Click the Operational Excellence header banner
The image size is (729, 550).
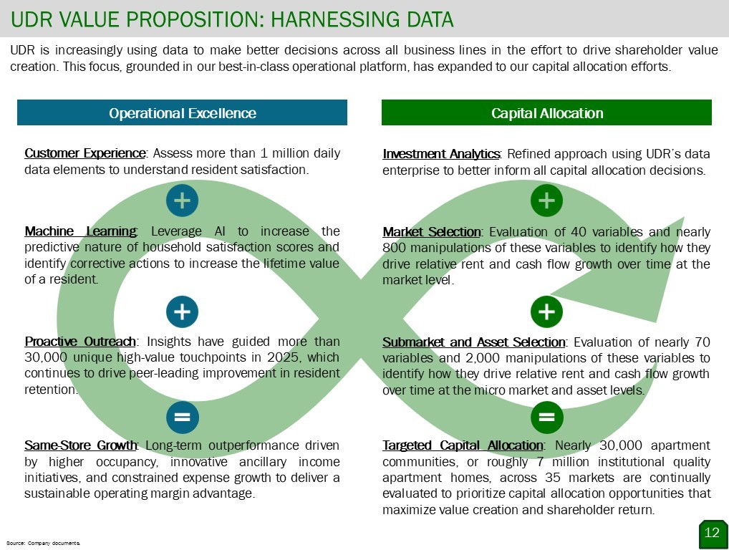pyautogui.click(x=182, y=112)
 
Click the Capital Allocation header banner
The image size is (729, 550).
pyautogui.click(x=547, y=112)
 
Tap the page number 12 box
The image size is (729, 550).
pyautogui.click(x=713, y=534)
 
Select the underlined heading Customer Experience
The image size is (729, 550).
pyautogui.click(x=85, y=153)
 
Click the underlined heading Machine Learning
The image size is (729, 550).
pyautogui.click(x=80, y=231)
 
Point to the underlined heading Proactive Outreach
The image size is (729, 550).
pyautogui.click(x=80, y=342)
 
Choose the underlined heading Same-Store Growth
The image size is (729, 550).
pyautogui.click(x=81, y=445)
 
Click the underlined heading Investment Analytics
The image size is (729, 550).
pyautogui.click(x=441, y=154)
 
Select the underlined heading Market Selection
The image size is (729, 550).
pyautogui.click(x=432, y=231)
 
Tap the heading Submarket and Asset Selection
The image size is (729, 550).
pyautogui.click(x=474, y=342)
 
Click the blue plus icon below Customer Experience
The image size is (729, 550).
pyautogui.click(x=182, y=201)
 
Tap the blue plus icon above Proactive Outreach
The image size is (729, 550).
pyautogui.click(x=182, y=312)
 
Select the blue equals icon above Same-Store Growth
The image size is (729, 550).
pyautogui.click(x=182, y=417)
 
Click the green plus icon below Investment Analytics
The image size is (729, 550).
pyautogui.click(x=547, y=201)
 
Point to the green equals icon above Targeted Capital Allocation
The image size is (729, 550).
pyautogui.click(x=547, y=417)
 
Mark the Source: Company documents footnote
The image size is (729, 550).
pyautogui.click(x=43, y=543)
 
